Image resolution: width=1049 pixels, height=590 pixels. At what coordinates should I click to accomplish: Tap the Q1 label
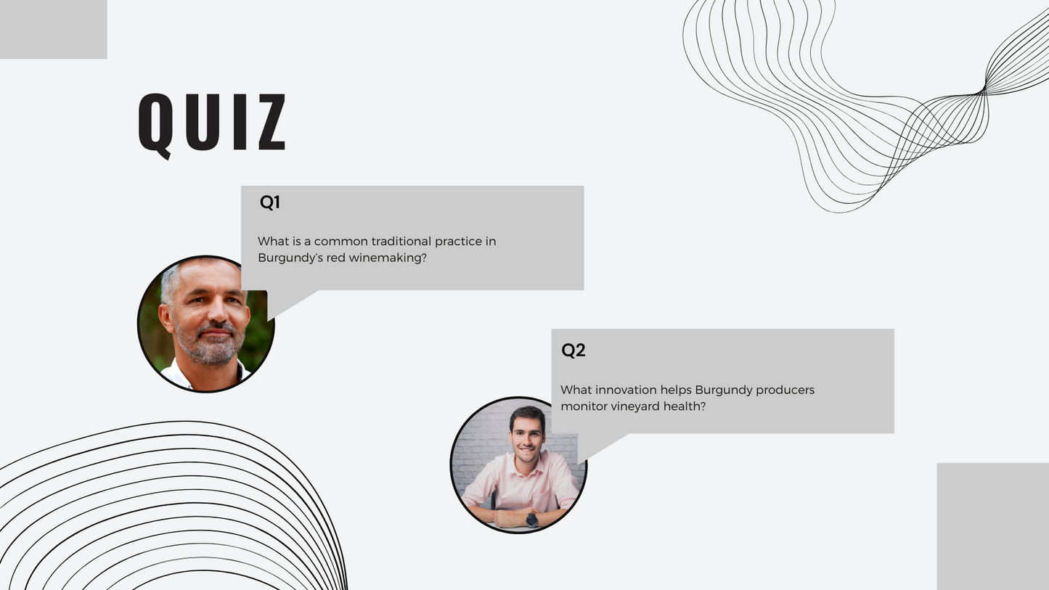[270, 202]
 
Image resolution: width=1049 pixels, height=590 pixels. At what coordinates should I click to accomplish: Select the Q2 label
[574, 351]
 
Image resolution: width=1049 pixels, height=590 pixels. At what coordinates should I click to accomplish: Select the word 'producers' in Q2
[785, 390]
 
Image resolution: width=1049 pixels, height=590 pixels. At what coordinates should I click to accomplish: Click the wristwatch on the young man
[531, 519]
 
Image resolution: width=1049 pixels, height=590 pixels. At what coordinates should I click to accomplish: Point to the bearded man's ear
[166, 319]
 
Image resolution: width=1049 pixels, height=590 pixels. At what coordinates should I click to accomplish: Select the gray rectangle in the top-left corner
[54, 29]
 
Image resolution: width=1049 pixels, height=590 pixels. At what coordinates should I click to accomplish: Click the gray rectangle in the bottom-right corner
[993, 526]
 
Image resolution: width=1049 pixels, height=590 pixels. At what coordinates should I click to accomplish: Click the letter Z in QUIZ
[272, 122]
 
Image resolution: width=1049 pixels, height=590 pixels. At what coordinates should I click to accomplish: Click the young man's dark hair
[527, 414]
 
